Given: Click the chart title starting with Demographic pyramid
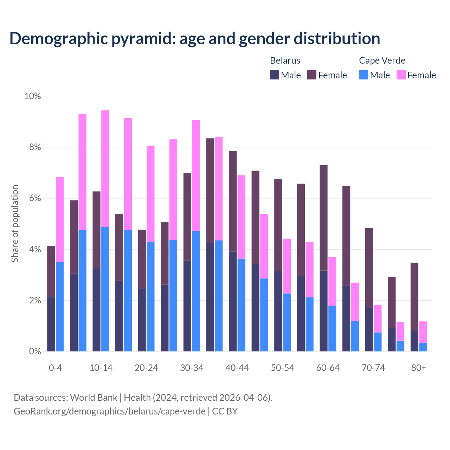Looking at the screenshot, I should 194,38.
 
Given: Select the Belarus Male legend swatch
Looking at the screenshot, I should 275,75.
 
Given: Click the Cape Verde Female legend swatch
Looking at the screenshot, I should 401,75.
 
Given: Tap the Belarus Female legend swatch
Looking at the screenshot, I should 312,75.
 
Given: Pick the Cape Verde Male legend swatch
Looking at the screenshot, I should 364,75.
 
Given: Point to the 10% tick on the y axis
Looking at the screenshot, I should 33,96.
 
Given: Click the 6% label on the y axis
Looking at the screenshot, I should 34,198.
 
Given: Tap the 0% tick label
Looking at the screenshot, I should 34,351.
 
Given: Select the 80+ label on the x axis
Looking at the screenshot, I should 419,368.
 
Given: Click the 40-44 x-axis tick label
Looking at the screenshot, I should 237,368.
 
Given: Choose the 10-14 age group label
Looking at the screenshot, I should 101,368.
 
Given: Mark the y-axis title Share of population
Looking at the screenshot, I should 15,224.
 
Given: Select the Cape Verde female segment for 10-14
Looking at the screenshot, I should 105,169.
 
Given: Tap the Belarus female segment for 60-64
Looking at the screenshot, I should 323,218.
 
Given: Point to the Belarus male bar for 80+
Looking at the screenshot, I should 414,341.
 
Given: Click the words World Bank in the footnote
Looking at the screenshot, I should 94,397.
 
